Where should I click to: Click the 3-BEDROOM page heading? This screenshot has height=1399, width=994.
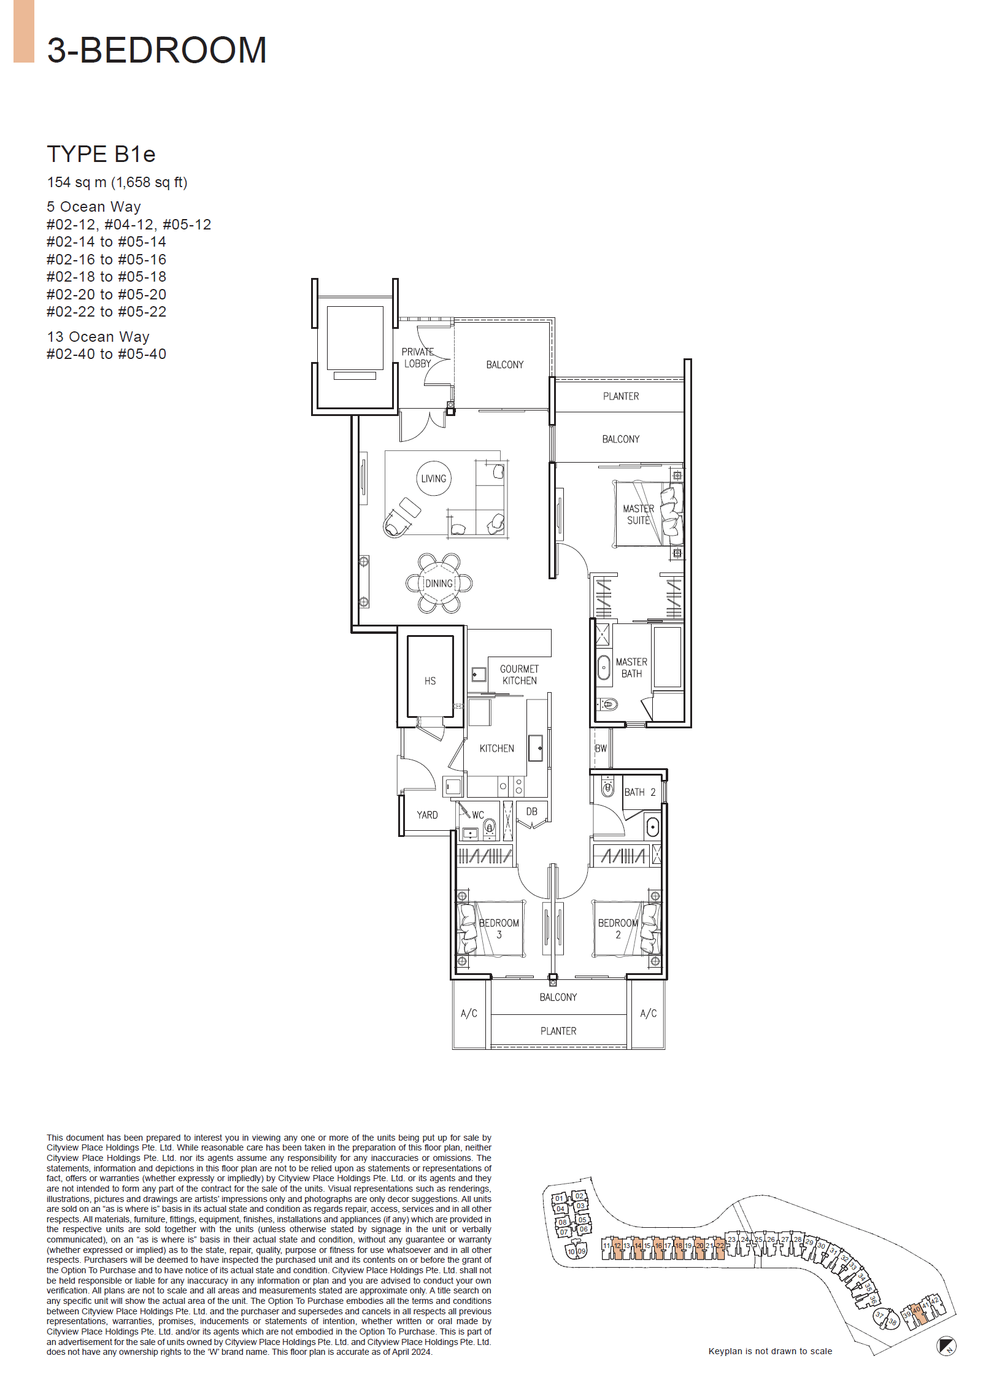(156, 50)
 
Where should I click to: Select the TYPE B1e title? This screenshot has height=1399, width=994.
(101, 154)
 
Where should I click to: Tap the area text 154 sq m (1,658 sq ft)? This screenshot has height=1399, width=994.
(117, 182)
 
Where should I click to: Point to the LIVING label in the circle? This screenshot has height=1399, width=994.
(434, 479)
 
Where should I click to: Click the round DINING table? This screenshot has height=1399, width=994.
(439, 583)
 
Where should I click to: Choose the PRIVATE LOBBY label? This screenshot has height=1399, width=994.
(418, 358)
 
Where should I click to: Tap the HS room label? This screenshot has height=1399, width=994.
(430, 681)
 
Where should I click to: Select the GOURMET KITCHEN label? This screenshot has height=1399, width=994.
(519, 675)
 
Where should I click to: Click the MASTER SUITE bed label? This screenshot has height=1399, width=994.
(638, 514)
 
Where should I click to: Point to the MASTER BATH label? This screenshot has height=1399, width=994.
(631, 668)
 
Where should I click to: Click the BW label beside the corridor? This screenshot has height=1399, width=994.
(601, 749)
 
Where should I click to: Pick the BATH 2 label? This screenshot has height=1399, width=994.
(640, 792)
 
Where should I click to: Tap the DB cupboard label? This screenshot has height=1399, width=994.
(531, 811)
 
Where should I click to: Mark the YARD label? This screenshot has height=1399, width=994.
(427, 815)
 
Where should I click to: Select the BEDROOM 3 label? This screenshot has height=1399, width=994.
(499, 928)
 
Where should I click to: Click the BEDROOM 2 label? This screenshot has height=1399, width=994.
(618, 928)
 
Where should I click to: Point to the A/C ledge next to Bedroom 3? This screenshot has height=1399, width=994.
(469, 1014)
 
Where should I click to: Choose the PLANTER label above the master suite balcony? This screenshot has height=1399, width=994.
(620, 396)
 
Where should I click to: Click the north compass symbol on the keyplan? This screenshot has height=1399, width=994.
(946, 1346)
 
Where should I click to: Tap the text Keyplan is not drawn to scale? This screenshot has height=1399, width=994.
(770, 1351)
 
